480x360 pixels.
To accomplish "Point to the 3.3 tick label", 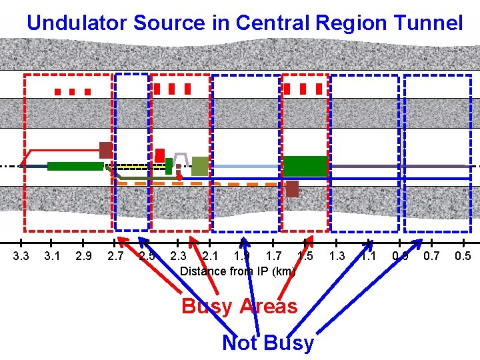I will click(21, 256).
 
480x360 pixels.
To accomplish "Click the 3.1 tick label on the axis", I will click(51, 256).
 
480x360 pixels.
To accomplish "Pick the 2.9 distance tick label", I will click(83, 256).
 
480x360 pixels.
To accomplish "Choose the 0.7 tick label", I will click(431, 256).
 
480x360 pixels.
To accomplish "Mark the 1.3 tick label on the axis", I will click(337, 256).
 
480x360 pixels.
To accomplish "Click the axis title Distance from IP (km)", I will click(238, 271).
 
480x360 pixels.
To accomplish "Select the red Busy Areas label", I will click(239, 306).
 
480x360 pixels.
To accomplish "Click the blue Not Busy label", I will click(267, 343).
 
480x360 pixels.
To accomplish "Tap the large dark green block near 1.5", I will click(305, 165).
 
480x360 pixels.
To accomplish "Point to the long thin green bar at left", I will click(75, 166).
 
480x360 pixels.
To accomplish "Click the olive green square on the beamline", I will click(199, 165).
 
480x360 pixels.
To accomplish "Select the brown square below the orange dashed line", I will click(292, 189).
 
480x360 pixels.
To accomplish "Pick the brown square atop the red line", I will click(105, 150).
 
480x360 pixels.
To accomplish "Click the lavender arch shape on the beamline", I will click(181, 159).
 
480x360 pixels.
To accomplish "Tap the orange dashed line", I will click(200, 183).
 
